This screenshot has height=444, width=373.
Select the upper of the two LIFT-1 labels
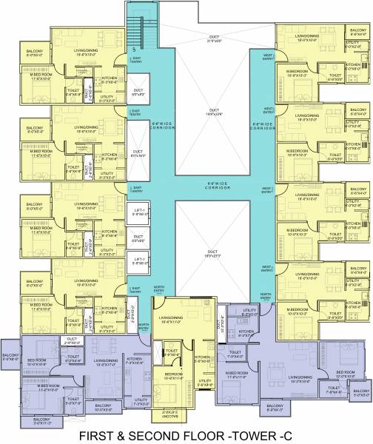pos(138,210)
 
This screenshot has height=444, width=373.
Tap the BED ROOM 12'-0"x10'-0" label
pos(346,375)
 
